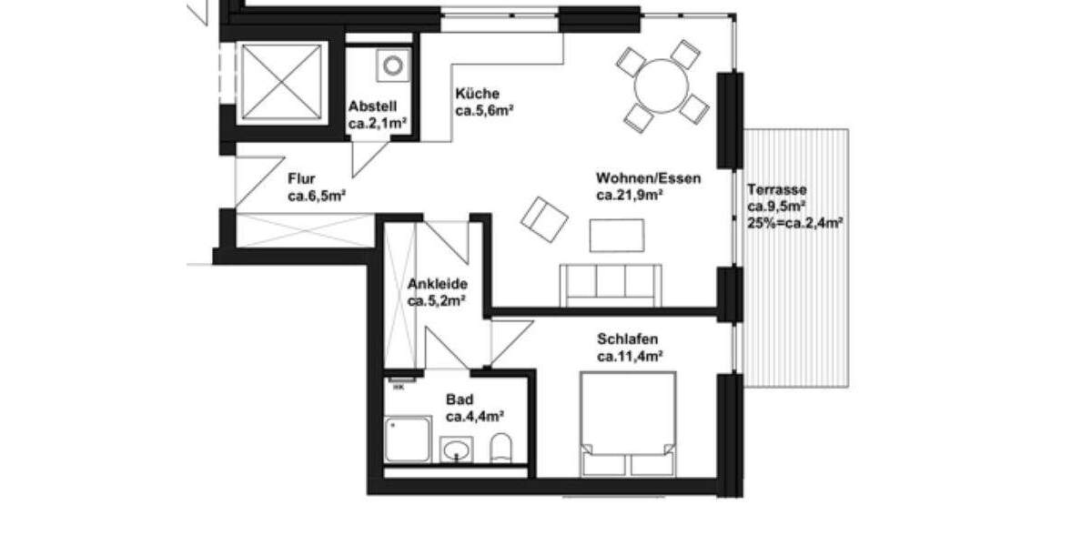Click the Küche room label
[x=477, y=94]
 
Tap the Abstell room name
[x=372, y=106]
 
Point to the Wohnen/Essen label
[x=649, y=178]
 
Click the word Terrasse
[x=776, y=189]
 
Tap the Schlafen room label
[x=628, y=339]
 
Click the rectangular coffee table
[x=617, y=235]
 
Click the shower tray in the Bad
[x=407, y=440]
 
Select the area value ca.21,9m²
[x=629, y=195]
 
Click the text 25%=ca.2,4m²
[x=794, y=221]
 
